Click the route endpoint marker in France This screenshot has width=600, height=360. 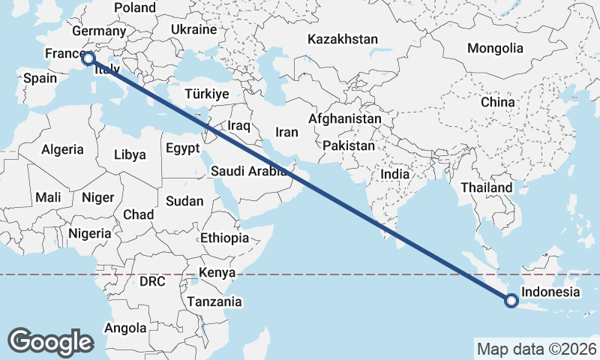coord(88,58)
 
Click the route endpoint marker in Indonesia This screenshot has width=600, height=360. coord(511,301)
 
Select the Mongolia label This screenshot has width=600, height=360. coord(495,49)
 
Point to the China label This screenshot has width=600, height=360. coord(498,102)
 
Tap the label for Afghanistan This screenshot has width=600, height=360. coord(344,119)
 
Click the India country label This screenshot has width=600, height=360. coord(394,174)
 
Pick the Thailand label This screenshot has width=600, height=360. coord(487,187)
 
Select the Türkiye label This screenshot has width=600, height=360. coord(206,94)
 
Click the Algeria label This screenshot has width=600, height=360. coord(62,149)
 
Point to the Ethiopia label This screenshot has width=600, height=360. coord(224,238)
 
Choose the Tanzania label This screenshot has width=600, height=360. coord(215,302)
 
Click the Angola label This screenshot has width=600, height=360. coord(125,328)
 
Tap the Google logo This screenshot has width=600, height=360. coord(50,341)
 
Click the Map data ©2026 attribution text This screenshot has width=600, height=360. coord(535,349)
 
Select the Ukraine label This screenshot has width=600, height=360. coord(193,29)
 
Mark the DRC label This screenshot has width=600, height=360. coord(152,281)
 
